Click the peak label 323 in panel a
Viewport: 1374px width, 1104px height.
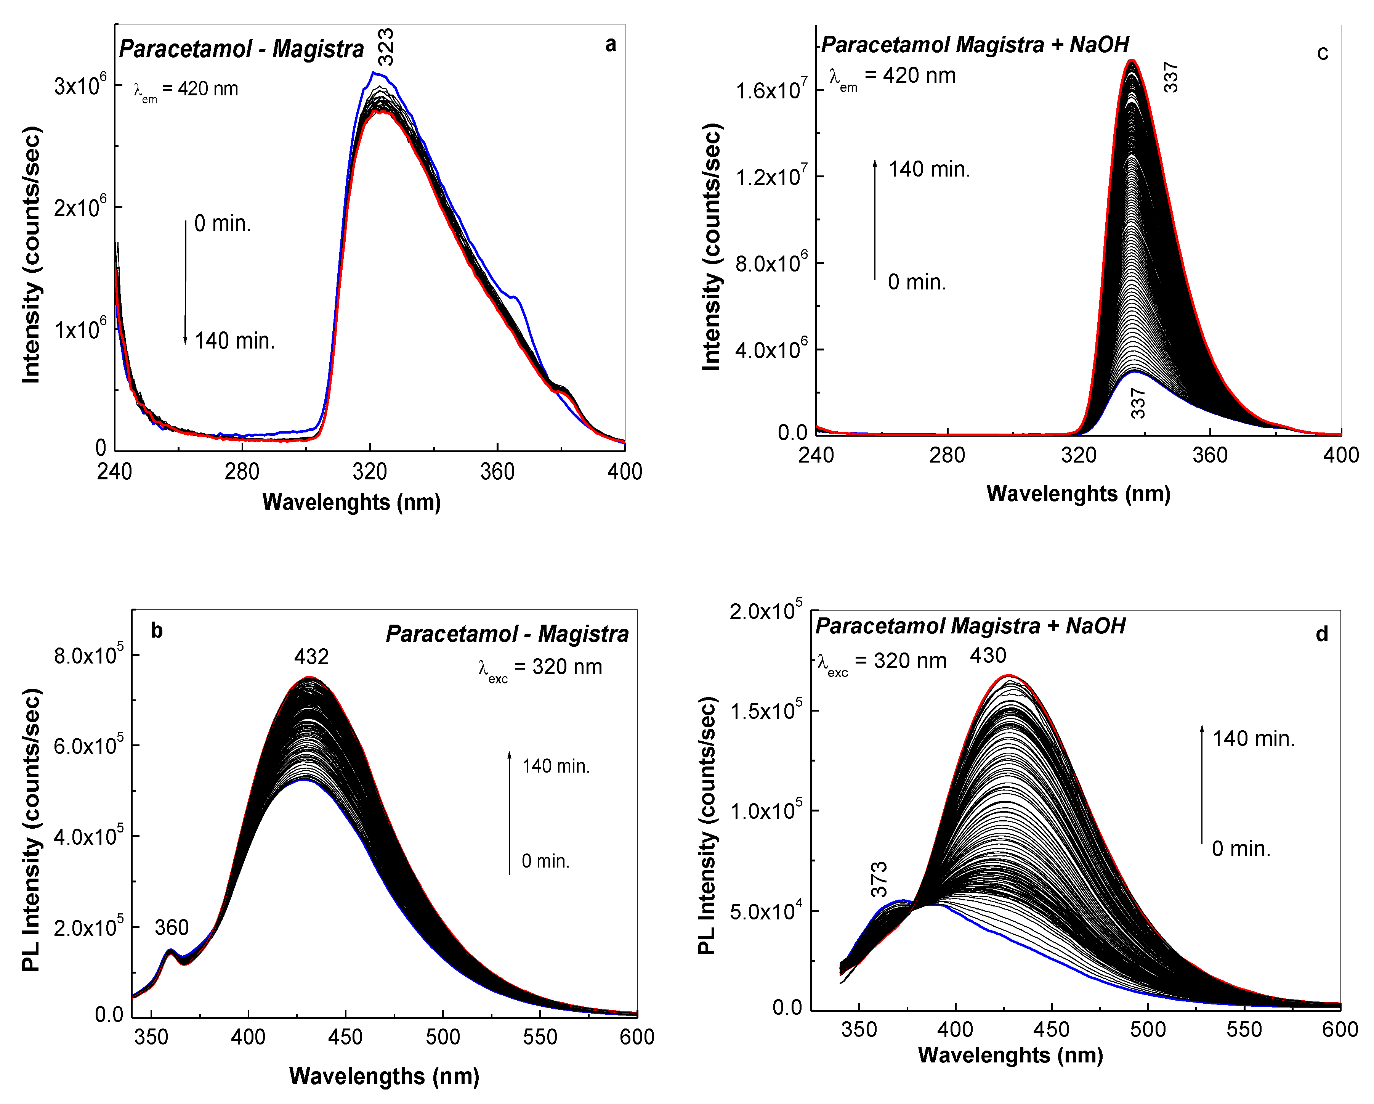pos(386,47)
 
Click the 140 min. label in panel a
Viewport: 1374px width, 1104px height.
pos(234,341)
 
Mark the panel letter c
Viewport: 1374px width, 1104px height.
pos(1323,53)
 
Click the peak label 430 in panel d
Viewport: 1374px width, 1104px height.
pos(988,655)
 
